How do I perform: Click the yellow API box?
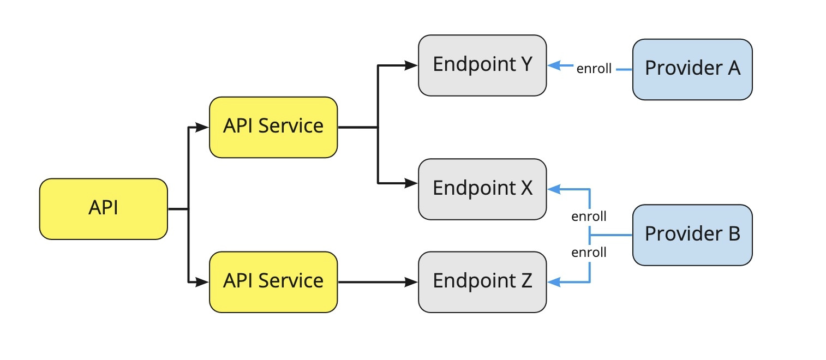point(103,208)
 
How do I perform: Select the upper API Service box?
point(273,127)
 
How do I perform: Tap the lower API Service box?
point(273,281)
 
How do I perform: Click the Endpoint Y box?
point(482,65)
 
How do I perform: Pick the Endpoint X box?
point(482,189)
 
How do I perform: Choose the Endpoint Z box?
point(482,281)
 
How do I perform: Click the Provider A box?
point(692,69)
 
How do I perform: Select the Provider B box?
point(692,235)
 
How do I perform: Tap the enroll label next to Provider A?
point(594,69)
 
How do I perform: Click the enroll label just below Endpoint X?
point(589,216)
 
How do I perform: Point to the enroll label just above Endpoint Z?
point(589,252)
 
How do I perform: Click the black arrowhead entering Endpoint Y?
point(411,65)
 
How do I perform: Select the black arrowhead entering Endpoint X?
point(411,183)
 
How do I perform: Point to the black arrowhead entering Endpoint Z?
point(411,282)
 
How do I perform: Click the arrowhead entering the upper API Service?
point(202,128)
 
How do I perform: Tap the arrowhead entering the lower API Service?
point(202,282)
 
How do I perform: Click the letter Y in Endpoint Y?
point(525,64)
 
